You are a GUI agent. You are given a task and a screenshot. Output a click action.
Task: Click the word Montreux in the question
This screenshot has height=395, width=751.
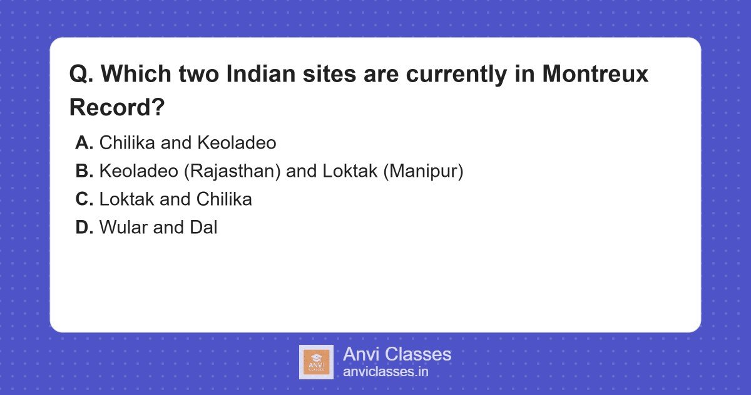coord(595,74)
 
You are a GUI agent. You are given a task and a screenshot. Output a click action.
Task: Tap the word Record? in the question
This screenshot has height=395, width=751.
coord(117,107)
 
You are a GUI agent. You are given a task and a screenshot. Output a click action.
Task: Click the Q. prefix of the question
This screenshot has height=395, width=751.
coord(81,74)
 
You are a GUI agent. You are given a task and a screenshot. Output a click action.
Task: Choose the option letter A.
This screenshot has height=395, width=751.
coord(84,143)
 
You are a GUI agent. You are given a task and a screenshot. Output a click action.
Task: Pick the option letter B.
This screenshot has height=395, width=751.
coord(84,171)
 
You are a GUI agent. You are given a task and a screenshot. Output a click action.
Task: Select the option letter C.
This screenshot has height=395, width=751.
coord(84,199)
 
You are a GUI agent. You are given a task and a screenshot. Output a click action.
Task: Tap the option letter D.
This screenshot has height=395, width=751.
coord(84,228)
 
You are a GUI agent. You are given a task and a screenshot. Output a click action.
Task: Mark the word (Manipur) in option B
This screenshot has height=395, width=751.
coord(423,171)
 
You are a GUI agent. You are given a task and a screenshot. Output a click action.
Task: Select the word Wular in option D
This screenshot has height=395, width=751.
coord(123,228)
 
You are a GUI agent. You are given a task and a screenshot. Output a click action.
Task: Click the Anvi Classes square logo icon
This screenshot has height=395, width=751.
coord(316,362)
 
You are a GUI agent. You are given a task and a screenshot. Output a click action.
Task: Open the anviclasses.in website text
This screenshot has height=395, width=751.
coord(386,372)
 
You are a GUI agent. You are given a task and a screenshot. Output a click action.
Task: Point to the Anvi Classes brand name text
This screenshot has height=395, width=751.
coord(397,354)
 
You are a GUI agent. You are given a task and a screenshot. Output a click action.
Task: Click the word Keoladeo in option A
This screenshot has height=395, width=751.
coord(237,143)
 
